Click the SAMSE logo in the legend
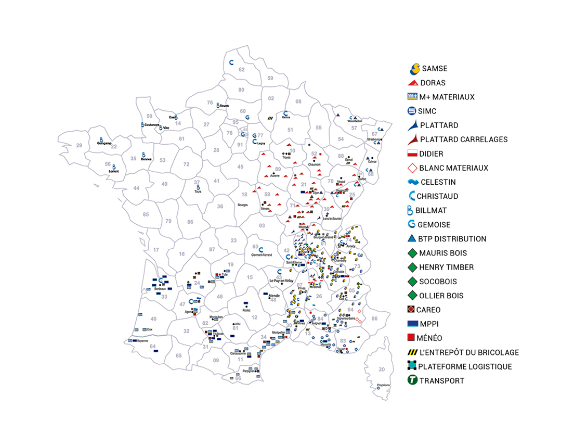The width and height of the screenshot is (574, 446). click(x=414, y=68)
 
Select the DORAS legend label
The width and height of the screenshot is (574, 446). click(x=433, y=83)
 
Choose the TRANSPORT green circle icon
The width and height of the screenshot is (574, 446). click(x=412, y=380)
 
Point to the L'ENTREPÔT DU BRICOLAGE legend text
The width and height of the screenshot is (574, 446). click(x=469, y=352)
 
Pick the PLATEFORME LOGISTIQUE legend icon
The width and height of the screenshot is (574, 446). click(x=412, y=366)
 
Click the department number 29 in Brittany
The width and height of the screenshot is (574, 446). click(x=79, y=146)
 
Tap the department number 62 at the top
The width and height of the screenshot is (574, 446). click(x=241, y=69)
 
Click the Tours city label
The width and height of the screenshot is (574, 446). click(x=198, y=191)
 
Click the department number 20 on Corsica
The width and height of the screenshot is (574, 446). click(x=382, y=369)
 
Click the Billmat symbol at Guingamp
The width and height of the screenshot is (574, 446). click(x=102, y=139)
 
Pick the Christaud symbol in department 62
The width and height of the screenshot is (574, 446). click(x=232, y=62)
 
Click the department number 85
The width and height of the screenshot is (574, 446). click(x=146, y=214)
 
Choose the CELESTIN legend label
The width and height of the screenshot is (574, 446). click(x=438, y=182)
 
